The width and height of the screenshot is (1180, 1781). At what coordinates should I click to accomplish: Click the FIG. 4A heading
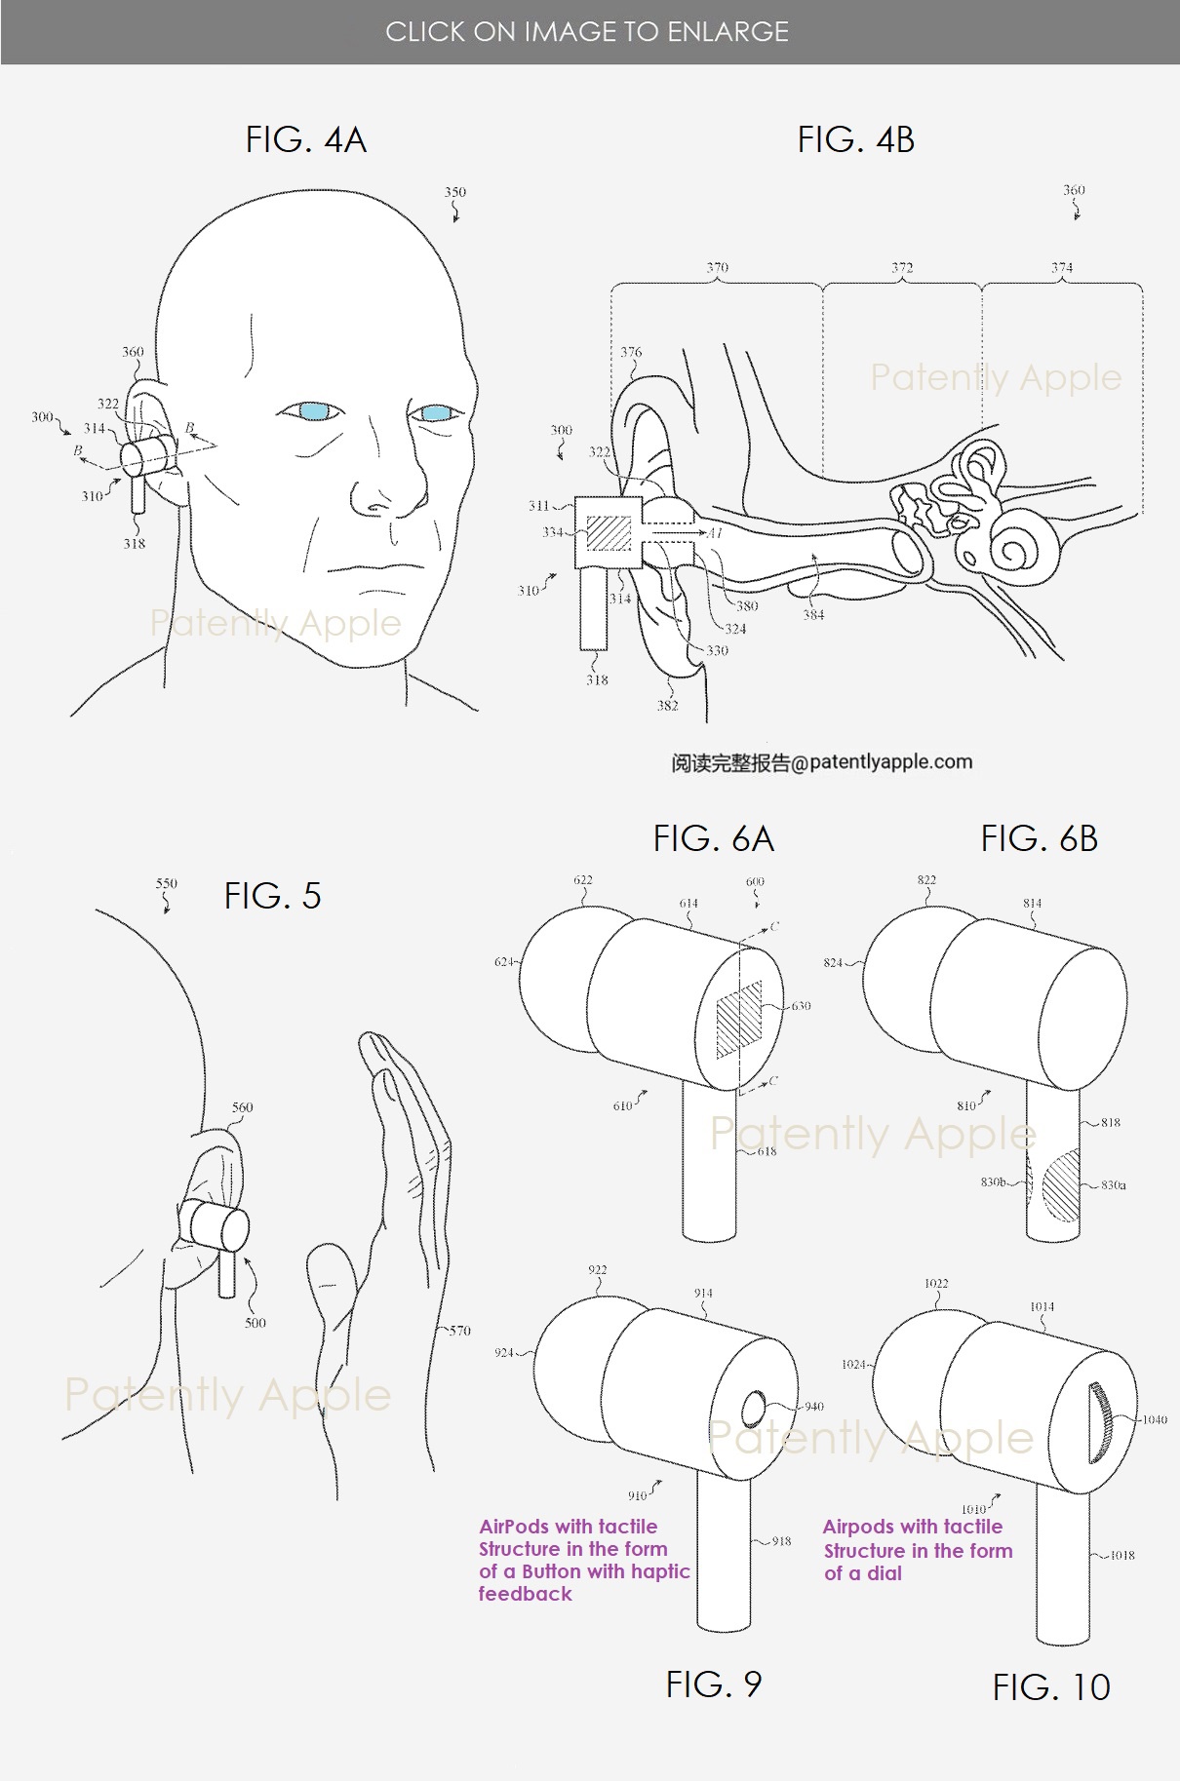pyautogui.click(x=305, y=140)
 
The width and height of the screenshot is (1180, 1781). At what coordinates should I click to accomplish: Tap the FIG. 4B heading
pyautogui.click(x=855, y=140)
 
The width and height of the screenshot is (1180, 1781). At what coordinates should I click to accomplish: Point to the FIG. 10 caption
pyautogui.click(x=1051, y=1687)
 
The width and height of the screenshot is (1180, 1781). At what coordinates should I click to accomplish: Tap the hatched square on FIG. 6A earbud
pyautogui.click(x=738, y=1020)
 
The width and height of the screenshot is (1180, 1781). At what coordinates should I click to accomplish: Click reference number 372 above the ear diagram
pyautogui.click(x=902, y=267)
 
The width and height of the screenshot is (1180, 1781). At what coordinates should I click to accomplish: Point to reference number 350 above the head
pyautogui.click(x=454, y=192)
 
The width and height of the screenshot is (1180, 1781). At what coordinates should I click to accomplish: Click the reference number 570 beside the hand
pyautogui.click(x=459, y=1330)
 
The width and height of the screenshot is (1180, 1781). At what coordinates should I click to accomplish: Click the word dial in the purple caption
pyautogui.click(x=884, y=1573)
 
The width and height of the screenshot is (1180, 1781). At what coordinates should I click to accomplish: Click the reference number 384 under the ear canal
pyautogui.click(x=813, y=615)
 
